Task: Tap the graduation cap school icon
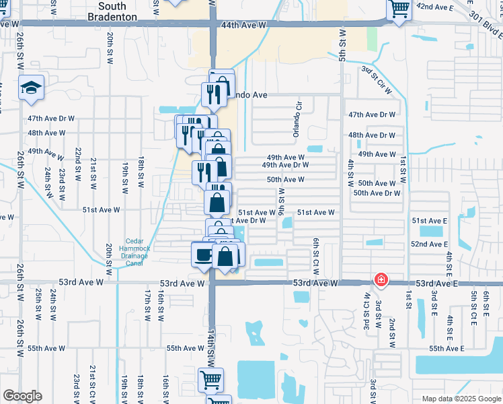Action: point(31,89)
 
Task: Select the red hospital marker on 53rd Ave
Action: point(381,279)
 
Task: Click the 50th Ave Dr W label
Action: point(377,193)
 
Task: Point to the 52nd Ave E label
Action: point(429,244)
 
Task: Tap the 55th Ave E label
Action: point(447,348)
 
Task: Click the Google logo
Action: point(23,395)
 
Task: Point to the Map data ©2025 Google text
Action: point(461,399)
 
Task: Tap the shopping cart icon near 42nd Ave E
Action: point(399,10)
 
